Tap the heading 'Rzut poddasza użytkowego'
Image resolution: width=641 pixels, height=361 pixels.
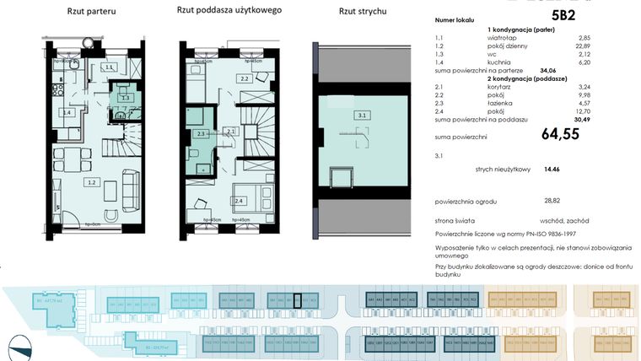coord(229,11)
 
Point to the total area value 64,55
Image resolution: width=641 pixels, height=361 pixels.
coord(560,133)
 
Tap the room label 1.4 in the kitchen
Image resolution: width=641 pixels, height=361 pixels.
coord(67,111)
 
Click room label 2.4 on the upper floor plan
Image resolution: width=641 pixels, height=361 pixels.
coord(240,200)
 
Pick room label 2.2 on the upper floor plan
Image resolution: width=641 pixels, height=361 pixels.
coord(244,78)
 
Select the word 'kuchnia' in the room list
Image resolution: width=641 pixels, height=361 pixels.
coord(498,62)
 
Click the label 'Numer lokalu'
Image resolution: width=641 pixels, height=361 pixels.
coord(453,17)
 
